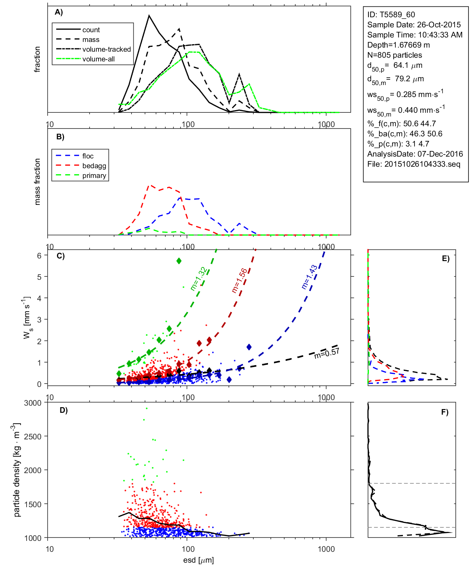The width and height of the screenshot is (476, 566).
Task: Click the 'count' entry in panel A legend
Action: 91,30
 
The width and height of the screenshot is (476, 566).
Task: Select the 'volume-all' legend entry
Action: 98,59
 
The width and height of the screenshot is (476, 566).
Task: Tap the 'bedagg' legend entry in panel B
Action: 94,166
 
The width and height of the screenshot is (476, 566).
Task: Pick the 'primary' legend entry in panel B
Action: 94,176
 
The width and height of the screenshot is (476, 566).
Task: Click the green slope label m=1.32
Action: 198,279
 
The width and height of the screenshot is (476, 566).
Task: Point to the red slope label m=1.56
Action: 239,281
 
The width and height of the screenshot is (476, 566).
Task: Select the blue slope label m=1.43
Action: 310,277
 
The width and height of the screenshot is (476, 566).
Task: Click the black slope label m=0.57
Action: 327,353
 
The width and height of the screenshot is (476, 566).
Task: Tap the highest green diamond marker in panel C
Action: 179,261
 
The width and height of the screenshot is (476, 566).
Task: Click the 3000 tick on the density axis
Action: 33,403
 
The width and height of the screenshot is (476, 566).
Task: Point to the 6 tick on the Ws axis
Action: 39,255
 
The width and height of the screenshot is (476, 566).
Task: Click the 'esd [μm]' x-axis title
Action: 198,560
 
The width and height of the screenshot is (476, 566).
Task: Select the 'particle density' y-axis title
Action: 16,470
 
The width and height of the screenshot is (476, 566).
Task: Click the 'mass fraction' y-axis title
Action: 37,182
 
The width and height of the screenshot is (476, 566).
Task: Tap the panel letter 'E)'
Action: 445,258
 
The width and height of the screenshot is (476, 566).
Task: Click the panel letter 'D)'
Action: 64,410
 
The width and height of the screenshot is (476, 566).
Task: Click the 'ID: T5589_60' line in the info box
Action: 391,15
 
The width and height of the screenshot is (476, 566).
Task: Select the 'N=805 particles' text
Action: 394,55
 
